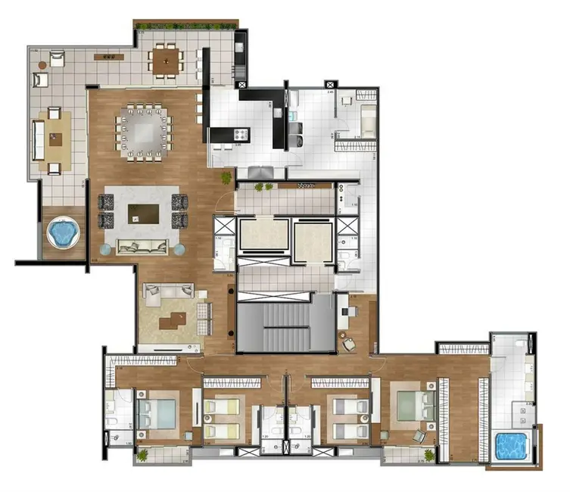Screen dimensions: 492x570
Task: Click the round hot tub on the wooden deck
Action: click(x=62, y=232)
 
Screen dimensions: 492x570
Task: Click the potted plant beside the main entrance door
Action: click(x=226, y=177)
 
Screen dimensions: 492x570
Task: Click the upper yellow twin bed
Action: click(x=220, y=406)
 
